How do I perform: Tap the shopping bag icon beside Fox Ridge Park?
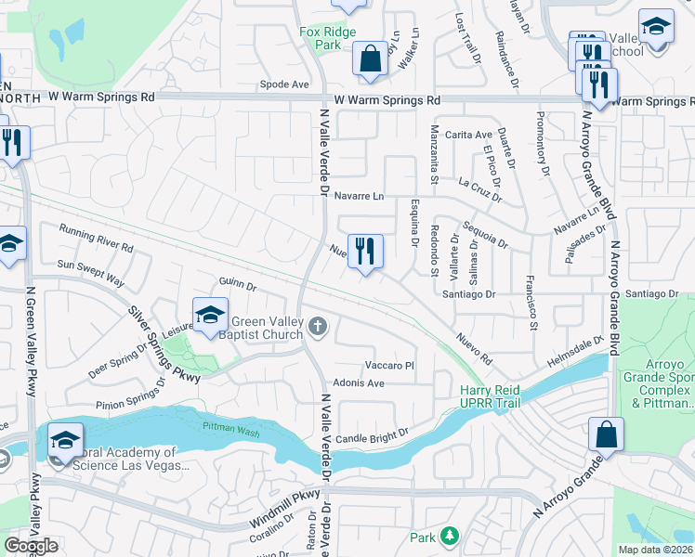[370, 58]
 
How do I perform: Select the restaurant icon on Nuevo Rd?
[365, 251]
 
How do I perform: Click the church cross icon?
[318, 324]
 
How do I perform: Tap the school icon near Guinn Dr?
[210, 315]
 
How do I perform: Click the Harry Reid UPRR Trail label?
[490, 396]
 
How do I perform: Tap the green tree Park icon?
[449, 537]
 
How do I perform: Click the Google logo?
[31, 546]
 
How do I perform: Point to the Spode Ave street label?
[284, 84]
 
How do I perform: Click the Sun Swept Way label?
[90, 271]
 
